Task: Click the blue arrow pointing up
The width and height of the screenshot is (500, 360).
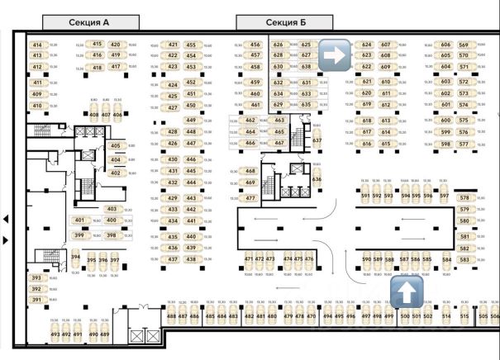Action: tap(406, 291)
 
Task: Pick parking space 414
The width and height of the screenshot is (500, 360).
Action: tap(37, 45)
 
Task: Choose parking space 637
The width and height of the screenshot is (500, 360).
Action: tap(317, 140)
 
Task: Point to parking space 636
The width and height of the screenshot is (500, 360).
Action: tap(317, 179)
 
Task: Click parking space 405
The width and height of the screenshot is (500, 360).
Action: tap(115, 145)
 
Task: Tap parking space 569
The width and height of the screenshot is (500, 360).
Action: tap(464, 45)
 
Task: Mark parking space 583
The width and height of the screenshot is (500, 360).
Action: tap(464, 260)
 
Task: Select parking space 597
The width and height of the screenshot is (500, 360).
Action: tap(444, 197)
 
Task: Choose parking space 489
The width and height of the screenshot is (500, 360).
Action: tap(105, 334)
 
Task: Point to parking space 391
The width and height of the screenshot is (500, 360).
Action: tap(36, 300)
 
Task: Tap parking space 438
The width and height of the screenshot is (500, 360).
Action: tap(191, 259)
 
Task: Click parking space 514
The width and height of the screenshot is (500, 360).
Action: tap(446, 316)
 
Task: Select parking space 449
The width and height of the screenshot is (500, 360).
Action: tap(191, 121)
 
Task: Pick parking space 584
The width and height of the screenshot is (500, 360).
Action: tap(446, 260)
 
